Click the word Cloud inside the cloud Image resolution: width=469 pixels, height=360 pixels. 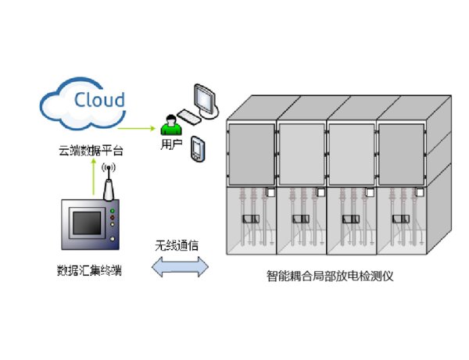coord(99,99)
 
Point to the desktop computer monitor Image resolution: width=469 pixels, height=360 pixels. coord(206,99)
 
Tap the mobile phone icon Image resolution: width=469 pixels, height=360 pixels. coord(198,148)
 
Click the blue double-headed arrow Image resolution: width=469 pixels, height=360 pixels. coord(179,267)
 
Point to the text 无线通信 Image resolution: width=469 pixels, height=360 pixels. coord(177,245)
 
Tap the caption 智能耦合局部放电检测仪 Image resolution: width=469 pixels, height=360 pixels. coord(331,277)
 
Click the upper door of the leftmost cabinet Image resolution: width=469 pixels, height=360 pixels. coord(250,152)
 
